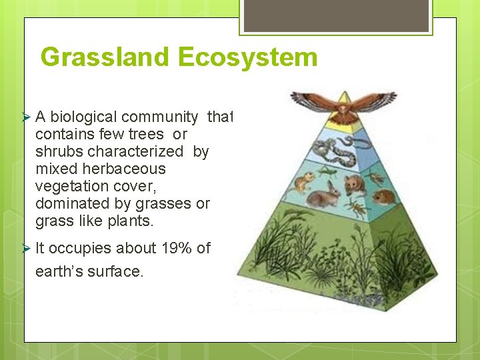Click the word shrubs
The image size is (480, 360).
click(59, 152)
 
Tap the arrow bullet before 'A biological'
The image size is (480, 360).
click(27, 117)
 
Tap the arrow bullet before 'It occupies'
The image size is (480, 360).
click(27, 248)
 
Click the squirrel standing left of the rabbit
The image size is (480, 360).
click(305, 181)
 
